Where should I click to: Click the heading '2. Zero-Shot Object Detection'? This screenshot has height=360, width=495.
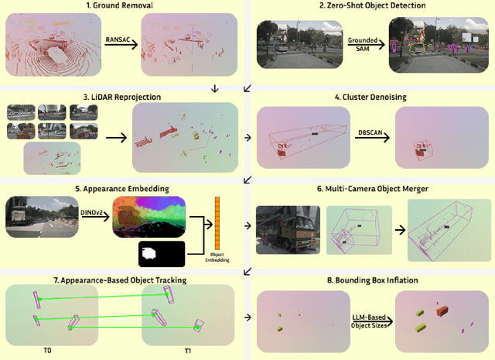tap(371, 5)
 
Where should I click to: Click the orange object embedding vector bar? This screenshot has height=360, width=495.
tap(217, 223)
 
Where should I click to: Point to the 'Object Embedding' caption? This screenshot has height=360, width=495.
tap(217, 257)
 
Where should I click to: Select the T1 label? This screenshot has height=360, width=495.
tap(187, 351)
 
